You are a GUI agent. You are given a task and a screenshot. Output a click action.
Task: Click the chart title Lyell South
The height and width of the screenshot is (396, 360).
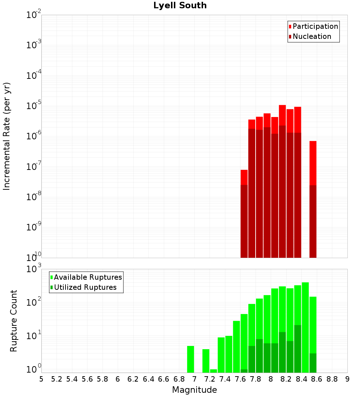coord(180,5)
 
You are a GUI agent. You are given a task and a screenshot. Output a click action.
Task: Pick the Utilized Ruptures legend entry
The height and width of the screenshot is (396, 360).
coord(85,287)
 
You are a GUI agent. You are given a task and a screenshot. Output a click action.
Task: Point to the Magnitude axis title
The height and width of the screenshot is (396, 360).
coord(194,390)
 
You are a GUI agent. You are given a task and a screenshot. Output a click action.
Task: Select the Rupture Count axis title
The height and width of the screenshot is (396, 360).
coord(14,320)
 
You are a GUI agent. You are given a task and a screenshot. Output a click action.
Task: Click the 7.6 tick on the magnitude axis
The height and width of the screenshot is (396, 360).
coord(240,379)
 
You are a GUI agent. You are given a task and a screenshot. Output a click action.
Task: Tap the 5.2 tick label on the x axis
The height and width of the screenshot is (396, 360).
coord(57,379)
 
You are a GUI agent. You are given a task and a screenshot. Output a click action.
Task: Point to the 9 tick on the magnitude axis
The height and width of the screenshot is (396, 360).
coord(347,379)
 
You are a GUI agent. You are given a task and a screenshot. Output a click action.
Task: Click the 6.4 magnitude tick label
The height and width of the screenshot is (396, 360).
coord(149,379)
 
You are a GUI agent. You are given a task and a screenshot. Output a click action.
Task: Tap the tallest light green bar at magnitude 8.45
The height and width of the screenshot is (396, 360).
coord(305,328)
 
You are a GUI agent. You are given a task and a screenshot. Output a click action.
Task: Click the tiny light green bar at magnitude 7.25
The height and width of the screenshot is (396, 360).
coord(213,371)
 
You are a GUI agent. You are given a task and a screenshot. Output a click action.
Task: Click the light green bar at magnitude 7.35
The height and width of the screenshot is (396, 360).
coord(221,355)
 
